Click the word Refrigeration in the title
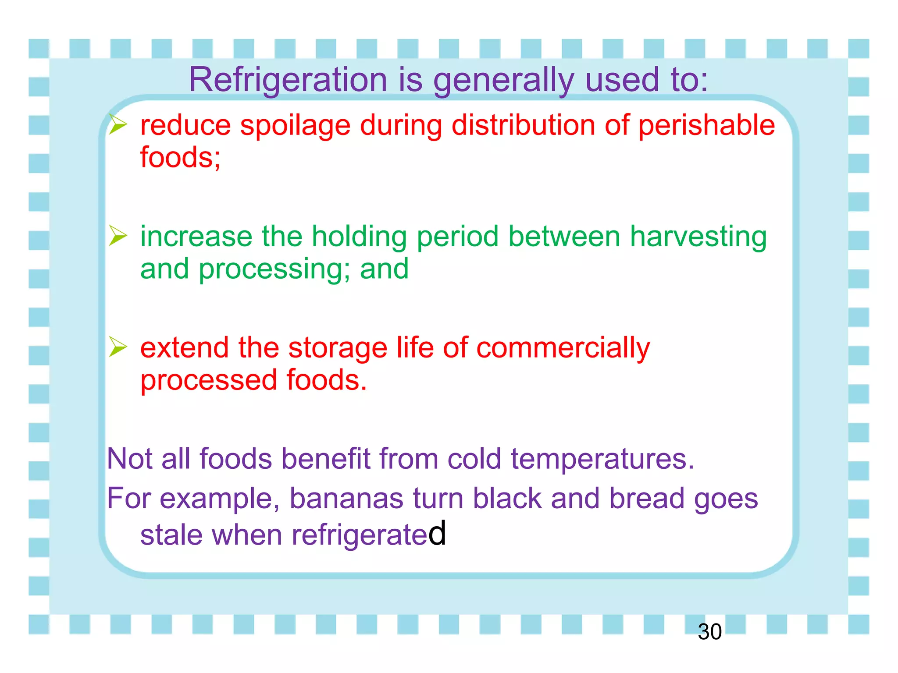click(288, 80)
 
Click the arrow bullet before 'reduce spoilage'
click(118, 124)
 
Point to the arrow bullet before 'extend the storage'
click(118, 347)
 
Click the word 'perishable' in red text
click(706, 126)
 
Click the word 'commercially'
click(563, 348)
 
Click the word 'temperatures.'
click(602, 459)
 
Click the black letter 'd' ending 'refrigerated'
click(437, 533)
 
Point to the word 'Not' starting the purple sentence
click(129, 459)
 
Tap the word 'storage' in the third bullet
click(337, 348)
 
